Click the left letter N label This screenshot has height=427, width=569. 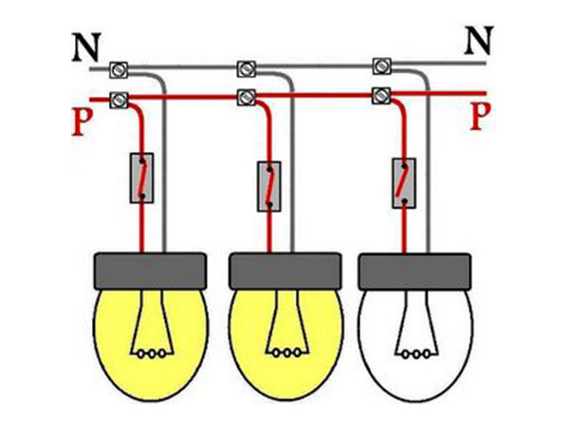[86, 47]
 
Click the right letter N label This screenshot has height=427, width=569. [479, 41]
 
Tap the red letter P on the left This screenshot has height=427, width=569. [82, 122]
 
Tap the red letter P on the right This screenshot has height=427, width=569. [481, 116]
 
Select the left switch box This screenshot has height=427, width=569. [142, 178]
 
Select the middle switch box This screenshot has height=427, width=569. [269, 186]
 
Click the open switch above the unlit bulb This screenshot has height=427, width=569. [404, 183]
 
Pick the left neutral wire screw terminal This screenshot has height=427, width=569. [119, 69]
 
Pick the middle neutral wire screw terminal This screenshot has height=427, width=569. [247, 68]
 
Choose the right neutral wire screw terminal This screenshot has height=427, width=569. [382, 65]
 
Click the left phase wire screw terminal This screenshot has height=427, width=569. [119, 100]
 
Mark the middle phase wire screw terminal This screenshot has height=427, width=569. [247, 98]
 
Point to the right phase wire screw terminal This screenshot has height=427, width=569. [382, 95]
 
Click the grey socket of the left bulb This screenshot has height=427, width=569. [151, 271]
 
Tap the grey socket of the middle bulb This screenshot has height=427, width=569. [285, 271]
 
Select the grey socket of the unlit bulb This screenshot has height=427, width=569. [414, 272]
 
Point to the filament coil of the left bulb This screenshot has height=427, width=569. [152, 354]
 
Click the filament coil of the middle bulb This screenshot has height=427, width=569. [286, 353]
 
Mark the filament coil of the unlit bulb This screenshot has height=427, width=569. [416, 354]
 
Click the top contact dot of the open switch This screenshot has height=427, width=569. [404, 166]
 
